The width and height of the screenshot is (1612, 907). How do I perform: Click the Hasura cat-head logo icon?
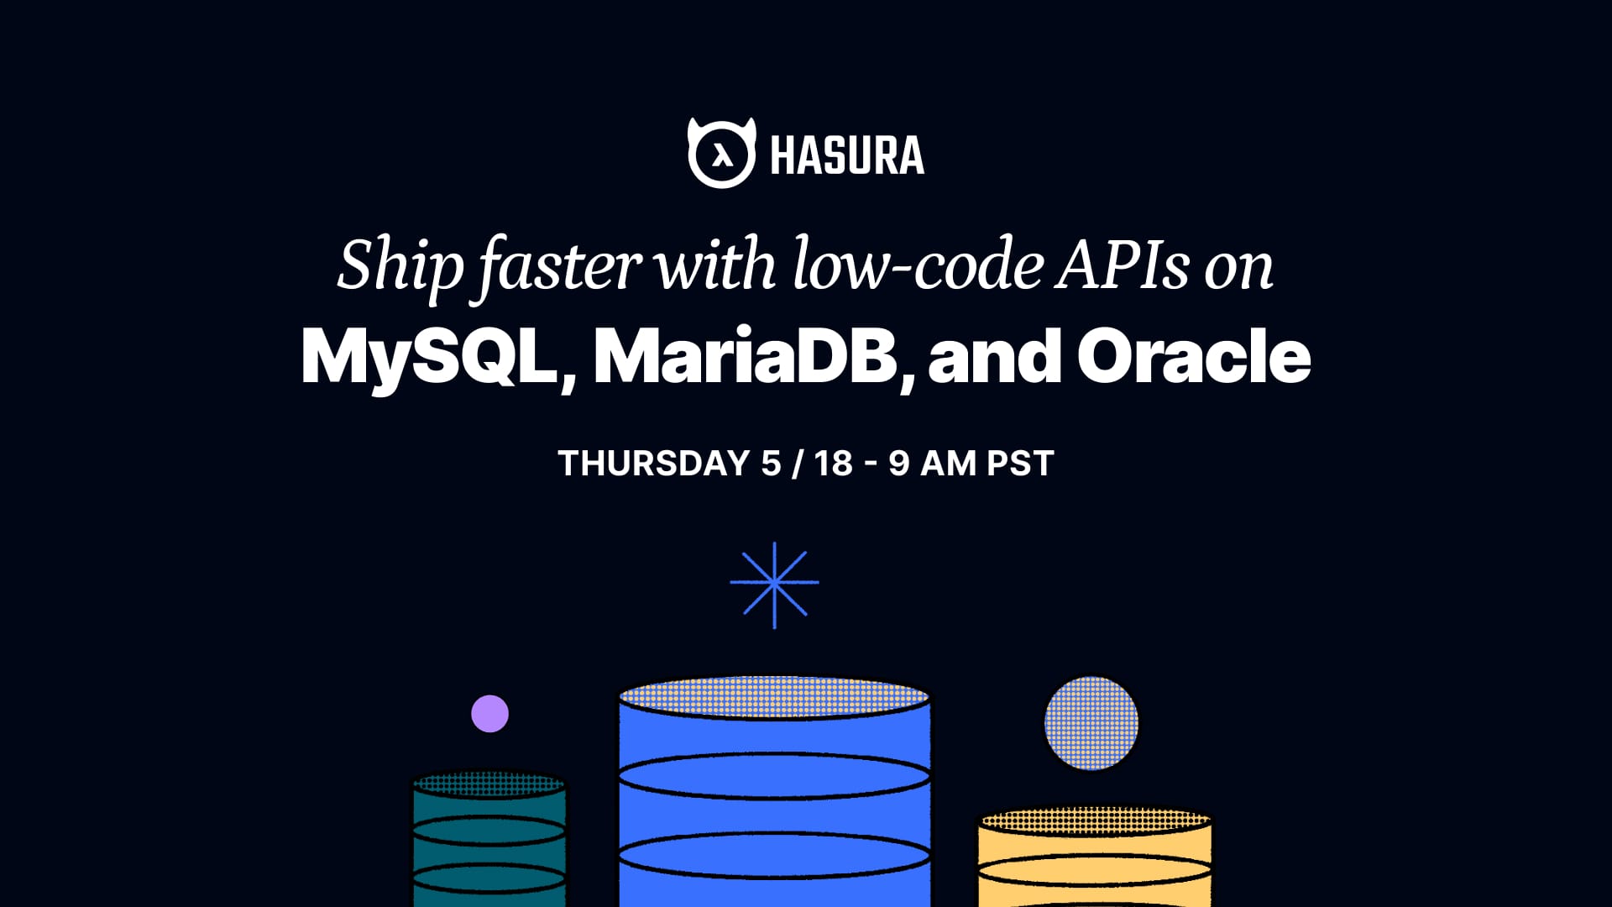[x=721, y=154]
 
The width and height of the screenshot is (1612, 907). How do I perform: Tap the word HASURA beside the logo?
[x=846, y=156]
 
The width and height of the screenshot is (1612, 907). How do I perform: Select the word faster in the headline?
[x=560, y=267]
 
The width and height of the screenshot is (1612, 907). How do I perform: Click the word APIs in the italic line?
[x=1123, y=265]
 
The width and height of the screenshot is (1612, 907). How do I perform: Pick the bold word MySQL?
[x=430, y=356]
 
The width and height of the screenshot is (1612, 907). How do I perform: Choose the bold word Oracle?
[x=1193, y=356]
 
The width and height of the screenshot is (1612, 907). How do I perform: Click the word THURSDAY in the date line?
[x=654, y=464]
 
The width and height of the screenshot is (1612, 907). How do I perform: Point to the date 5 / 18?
[x=807, y=464]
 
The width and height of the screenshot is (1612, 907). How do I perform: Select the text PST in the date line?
[x=1020, y=464]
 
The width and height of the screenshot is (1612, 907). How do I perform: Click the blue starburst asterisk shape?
[x=774, y=585]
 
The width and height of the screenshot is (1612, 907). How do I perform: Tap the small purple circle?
[x=489, y=714]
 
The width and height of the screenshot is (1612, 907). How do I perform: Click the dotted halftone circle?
[x=1091, y=723]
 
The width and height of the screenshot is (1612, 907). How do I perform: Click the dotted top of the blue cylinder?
[x=774, y=697]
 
